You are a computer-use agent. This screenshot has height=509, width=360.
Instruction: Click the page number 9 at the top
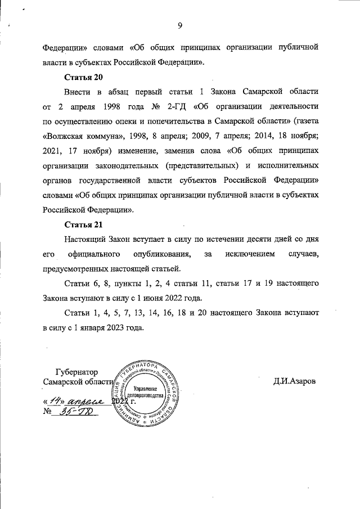click(x=180, y=25)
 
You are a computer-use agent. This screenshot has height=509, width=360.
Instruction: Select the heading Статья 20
click(x=84, y=76)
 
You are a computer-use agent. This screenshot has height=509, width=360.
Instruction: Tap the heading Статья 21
click(x=84, y=225)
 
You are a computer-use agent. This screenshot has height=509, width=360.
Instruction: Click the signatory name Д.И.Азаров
click(x=295, y=381)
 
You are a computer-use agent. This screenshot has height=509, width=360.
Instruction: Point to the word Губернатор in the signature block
click(x=76, y=372)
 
